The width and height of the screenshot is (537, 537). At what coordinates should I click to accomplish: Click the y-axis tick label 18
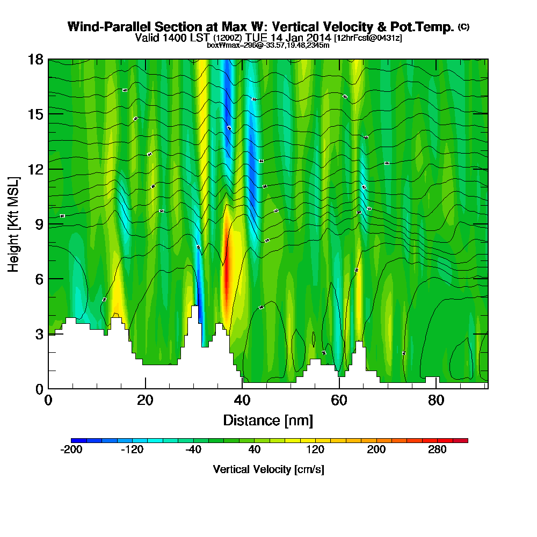point(35,60)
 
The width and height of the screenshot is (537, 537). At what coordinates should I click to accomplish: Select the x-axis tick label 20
point(145,401)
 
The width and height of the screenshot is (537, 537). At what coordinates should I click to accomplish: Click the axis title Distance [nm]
point(268,420)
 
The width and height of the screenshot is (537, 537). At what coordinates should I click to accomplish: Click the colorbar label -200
point(72,450)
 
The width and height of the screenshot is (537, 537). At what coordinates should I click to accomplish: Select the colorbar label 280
point(438,450)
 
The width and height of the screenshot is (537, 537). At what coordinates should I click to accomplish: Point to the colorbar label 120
point(316,450)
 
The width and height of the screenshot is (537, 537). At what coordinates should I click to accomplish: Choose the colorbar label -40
point(193,450)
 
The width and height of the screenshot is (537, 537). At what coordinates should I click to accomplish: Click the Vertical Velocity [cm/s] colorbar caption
point(268,469)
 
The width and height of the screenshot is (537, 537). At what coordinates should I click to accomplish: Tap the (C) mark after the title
point(463,27)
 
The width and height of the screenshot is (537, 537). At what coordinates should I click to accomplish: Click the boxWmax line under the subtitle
point(268,45)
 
